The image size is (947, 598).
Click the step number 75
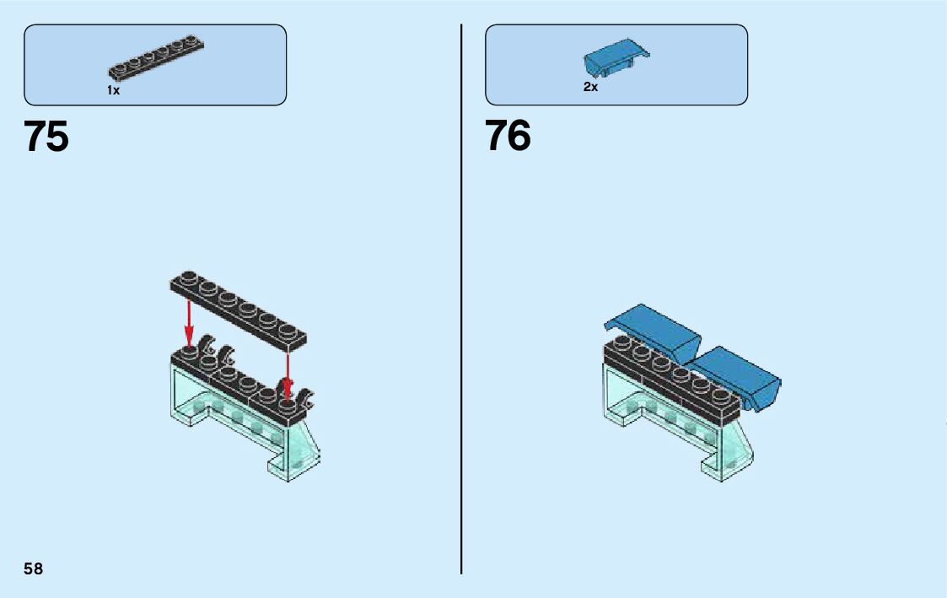[x=46, y=137]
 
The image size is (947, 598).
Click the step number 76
[x=508, y=137]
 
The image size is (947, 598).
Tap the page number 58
[x=33, y=568]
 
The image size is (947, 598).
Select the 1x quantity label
[x=114, y=90]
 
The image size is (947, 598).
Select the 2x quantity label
[x=590, y=87]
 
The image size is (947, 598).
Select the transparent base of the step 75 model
[x=245, y=422]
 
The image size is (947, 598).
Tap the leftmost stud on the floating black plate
[x=188, y=277]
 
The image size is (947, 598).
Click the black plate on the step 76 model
[x=670, y=380]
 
